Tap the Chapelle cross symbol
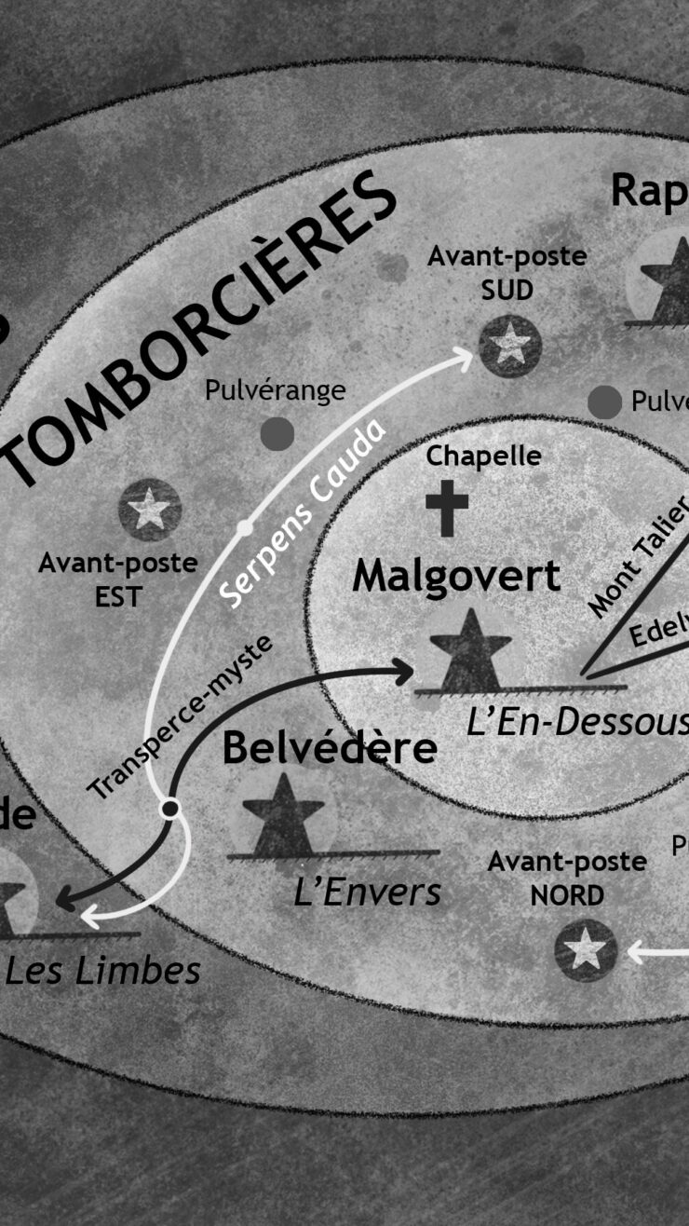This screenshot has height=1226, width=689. [x=447, y=509]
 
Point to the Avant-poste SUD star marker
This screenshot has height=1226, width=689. [x=510, y=346]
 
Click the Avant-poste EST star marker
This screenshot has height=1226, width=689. [x=149, y=510]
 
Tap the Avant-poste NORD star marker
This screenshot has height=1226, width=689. [x=586, y=949]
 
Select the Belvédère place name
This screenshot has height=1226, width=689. [x=330, y=747]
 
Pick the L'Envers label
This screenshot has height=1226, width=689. [x=367, y=892]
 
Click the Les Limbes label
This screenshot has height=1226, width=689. [x=102, y=971]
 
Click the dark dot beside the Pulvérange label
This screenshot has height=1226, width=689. [x=277, y=433]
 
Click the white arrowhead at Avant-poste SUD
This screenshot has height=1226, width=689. [x=463, y=356]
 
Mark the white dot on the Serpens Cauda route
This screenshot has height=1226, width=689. [x=245, y=528]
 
